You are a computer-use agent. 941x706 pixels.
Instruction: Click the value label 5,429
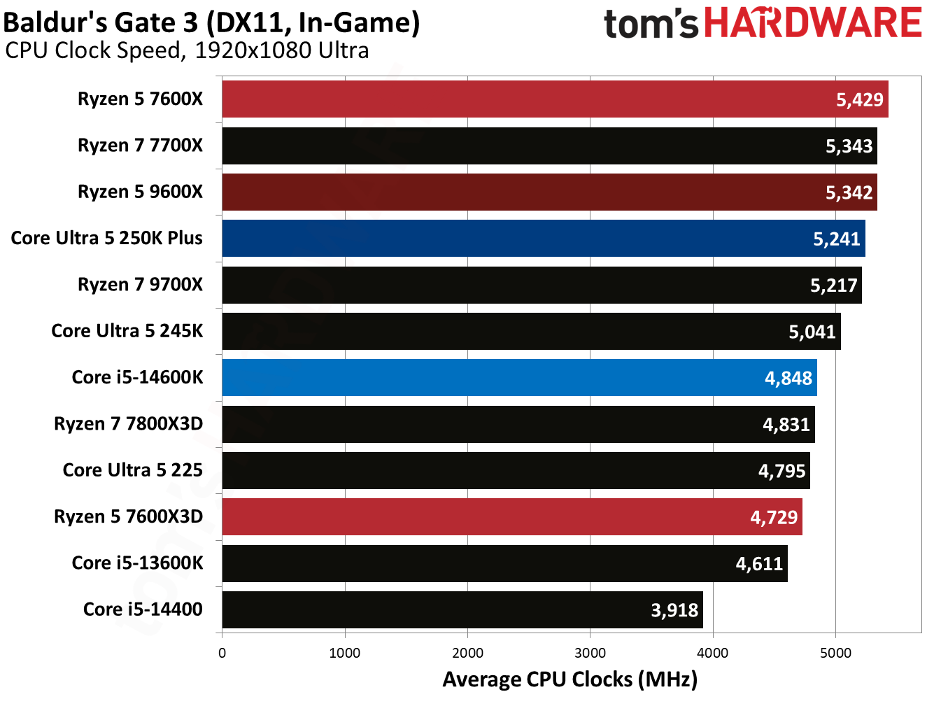pos(860,99)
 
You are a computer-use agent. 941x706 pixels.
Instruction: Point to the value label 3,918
pos(674,610)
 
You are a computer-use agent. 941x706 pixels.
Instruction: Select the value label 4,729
pos(774,517)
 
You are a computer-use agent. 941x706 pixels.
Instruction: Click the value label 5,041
pos(812,332)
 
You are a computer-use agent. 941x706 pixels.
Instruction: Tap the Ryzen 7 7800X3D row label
pos(128,424)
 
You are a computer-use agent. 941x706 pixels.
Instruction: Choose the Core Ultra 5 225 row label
pos(132,470)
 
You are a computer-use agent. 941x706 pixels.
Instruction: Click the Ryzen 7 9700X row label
pos(140,285)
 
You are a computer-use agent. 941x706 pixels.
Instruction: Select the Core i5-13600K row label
pos(137,563)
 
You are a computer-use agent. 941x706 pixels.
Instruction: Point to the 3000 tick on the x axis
pos(590,653)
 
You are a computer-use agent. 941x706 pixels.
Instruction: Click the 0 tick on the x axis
pos(222,653)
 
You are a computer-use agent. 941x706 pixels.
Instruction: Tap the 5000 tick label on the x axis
pos(835,653)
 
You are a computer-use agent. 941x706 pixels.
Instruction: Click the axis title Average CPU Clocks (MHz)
pos(569,679)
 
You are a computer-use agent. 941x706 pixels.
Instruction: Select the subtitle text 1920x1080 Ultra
pos(282,50)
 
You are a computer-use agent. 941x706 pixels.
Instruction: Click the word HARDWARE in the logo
pos(813,23)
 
